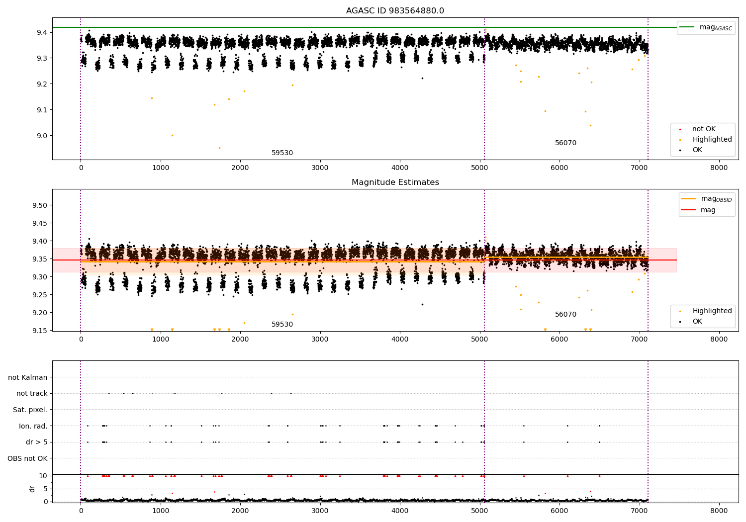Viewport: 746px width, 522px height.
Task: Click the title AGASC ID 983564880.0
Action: [x=395, y=11]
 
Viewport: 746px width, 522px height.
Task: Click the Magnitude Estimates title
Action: [x=395, y=182]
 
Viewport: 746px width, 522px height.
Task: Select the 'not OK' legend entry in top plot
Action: [x=704, y=129]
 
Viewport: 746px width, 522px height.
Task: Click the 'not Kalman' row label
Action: [x=28, y=377]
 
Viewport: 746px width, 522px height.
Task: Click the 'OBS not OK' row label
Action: [x=27, y=458]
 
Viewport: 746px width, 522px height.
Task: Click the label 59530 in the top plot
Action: [x=282, y=153]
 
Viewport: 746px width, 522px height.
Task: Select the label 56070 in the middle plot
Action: [x=565, y=315]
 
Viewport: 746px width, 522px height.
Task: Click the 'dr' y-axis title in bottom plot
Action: [x=32, y=489]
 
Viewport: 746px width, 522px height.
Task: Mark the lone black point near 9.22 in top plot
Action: [x=422, y=78]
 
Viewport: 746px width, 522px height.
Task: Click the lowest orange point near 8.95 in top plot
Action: [x=219, y=148]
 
